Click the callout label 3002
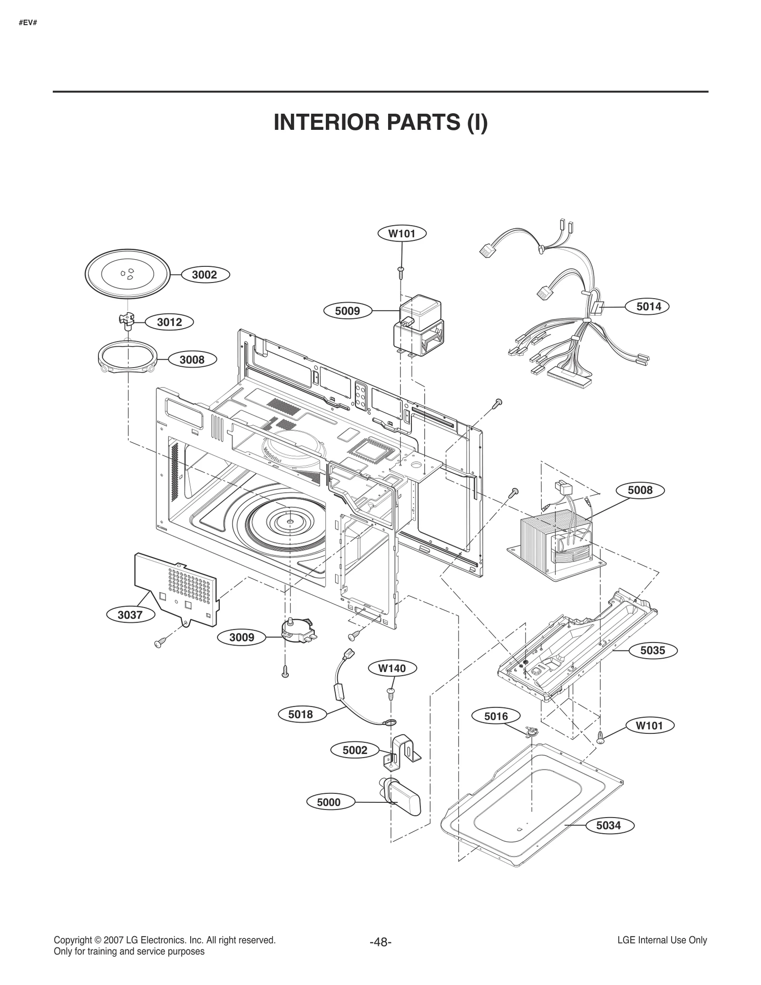[x=205, y=274]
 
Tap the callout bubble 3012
[x=169, y=322]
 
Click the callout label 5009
[x=347, y=311]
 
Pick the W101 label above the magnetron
[x=402, y=234]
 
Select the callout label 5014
[x=649, y=307]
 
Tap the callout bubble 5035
[x=652, y=650]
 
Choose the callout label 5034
[x=608, y=825]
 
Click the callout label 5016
[x=496, y=716]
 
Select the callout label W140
[x=392, y=668]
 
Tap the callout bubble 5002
[x=355, y=750]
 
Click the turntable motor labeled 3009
[x=296, y=630]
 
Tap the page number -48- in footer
[x=380, y=942]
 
